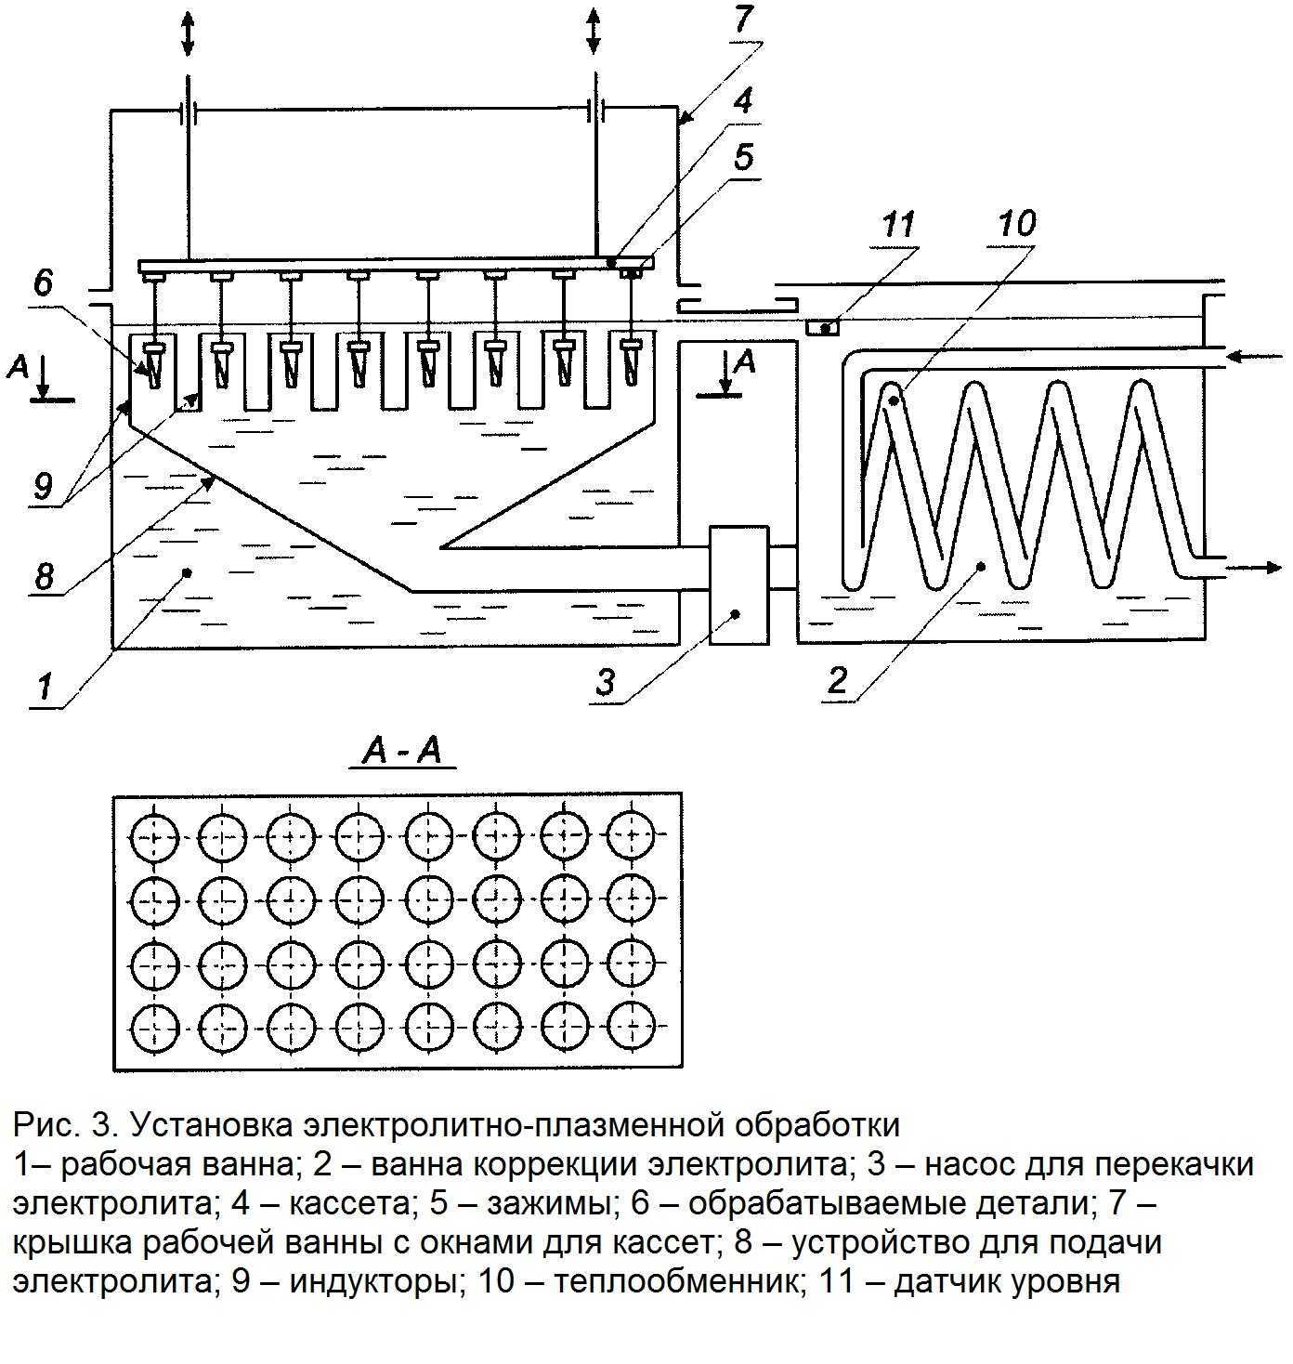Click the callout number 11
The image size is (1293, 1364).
(898, 225)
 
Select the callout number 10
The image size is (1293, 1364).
(1016, 223)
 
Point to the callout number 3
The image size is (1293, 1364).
(605, 682)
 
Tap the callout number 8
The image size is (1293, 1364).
(44, 575)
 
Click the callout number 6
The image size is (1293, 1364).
(43, 283)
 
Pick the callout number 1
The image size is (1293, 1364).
(45, 687)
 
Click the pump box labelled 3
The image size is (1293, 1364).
(738, 584)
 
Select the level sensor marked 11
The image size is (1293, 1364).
(822, 327)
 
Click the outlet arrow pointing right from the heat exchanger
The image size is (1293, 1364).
(1254, 568)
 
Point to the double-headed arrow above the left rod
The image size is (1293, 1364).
(188, 33)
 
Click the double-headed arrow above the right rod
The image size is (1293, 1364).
(593, 29)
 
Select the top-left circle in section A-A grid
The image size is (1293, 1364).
(155, 838)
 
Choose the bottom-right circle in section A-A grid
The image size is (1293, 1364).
(631, 1026)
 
